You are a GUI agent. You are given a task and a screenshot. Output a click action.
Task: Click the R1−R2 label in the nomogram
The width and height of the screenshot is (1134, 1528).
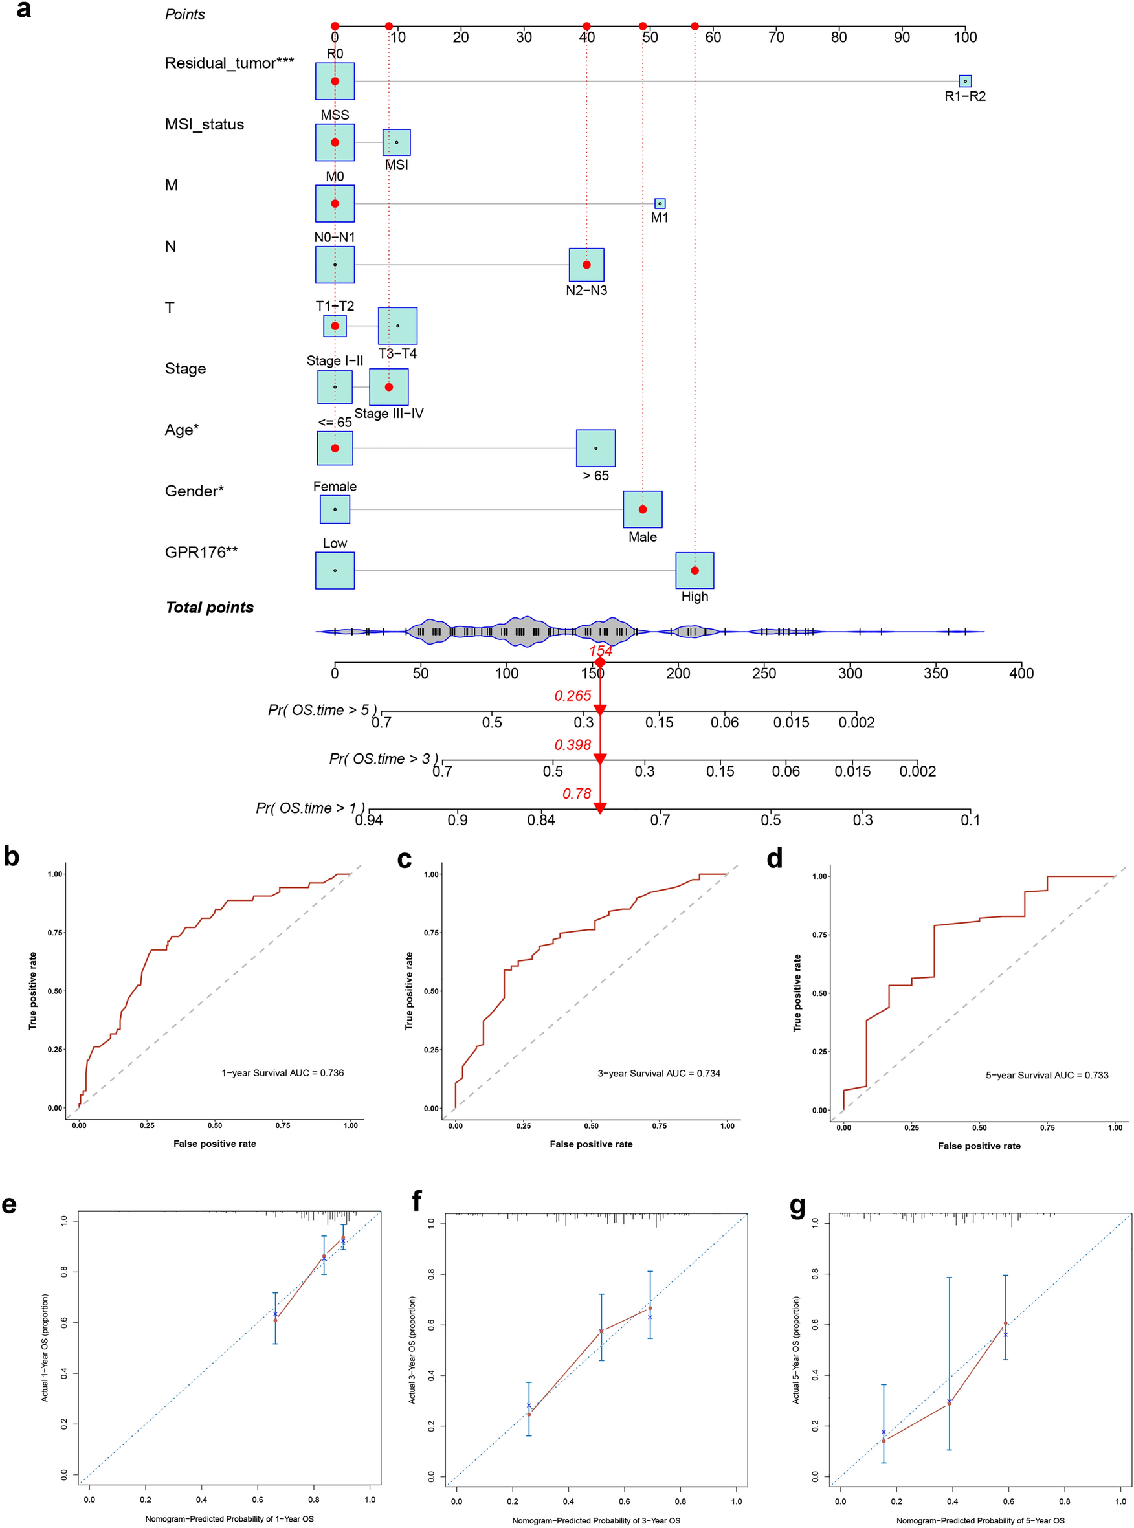[x=964, y=96]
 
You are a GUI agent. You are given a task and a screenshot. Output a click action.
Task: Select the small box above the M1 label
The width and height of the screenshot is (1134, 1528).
[x=660, y=203]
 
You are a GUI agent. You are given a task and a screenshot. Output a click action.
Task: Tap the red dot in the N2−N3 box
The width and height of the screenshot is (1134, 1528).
[x=586, y=265]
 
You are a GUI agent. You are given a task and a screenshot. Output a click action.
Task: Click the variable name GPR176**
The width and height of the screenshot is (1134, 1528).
[x=201, y=552]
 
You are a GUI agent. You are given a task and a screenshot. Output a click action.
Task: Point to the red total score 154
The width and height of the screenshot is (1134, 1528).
[x=600, y=650]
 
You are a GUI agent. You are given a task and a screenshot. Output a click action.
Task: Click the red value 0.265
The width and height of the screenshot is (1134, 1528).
[x=572, y=695]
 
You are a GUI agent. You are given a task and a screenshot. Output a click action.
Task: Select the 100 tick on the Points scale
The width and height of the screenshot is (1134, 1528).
[x=964, y=37]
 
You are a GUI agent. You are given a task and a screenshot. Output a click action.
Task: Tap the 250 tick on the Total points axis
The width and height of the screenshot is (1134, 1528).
[x=764, y=672]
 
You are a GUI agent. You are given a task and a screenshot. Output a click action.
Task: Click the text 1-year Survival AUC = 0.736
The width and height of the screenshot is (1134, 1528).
[x=282, y=1073]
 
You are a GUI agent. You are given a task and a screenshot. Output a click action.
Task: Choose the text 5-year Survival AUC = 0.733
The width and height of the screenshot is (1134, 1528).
[x=1047, y=1075]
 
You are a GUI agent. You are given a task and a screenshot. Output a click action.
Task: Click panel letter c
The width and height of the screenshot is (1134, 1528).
[x=405, y=859]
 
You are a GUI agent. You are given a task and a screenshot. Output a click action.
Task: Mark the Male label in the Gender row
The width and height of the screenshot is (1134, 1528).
[x=643, y=537]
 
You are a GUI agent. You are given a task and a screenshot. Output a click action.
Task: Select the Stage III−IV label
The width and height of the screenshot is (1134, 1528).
[x=388, y=414]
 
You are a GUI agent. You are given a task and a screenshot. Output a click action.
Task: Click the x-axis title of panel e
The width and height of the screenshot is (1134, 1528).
[x=229, y=1518]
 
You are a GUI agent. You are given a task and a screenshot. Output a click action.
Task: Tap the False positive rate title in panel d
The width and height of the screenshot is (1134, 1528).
[x=979, y=1146]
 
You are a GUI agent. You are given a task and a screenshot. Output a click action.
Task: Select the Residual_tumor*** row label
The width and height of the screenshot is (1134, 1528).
[x=229, y=63]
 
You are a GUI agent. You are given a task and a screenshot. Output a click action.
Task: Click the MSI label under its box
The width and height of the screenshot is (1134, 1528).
[x=396, y=165]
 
